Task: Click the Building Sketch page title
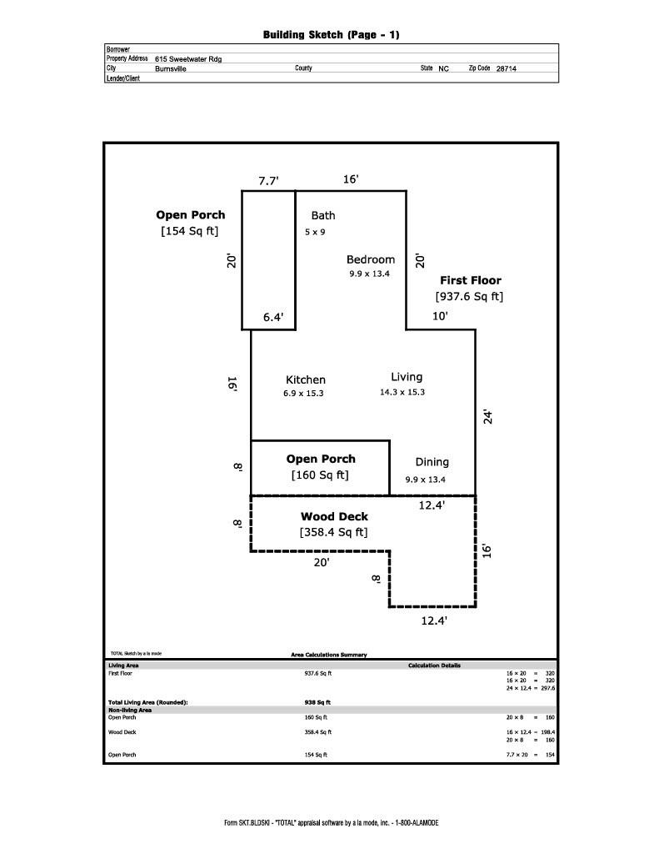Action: [x=331, y=35]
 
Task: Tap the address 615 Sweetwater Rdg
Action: [x=187, y=59]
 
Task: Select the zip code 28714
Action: [x=506, y=69]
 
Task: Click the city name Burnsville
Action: [x=171, y=69]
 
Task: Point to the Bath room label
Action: [x=323, y=216]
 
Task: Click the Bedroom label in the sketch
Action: [x=371, y=259]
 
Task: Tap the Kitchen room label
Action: [x=306, y=379]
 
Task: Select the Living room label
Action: [x=407, y=377]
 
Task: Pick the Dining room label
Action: [x=432, y=462]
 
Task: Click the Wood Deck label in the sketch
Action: [x=334, y=517]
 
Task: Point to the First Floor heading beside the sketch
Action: [x=471, y=281]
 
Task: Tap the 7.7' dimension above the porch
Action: [x=268, y=181]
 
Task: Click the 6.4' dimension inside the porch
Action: [x=273, y=317]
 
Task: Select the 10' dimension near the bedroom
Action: [x=440, y=316]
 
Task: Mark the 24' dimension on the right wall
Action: [x=489, y=416]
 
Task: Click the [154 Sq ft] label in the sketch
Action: [x=190, y=231]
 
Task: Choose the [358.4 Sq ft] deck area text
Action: [x=333, y=532]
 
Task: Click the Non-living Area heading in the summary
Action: [x=129, y=710]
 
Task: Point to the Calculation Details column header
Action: [x=434, y=666]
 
